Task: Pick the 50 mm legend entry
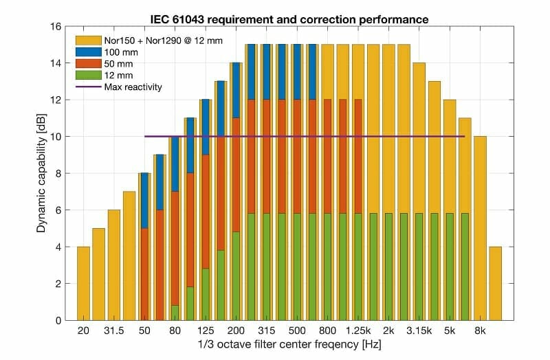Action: coord(118,64)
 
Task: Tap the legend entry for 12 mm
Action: coord(118,76)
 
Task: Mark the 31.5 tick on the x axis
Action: coord(113,331)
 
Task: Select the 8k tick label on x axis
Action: coord(480,331)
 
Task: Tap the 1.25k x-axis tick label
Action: coord(358,331)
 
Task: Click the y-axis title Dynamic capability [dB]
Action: coord(41,173)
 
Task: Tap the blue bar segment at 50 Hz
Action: coord(144,200)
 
